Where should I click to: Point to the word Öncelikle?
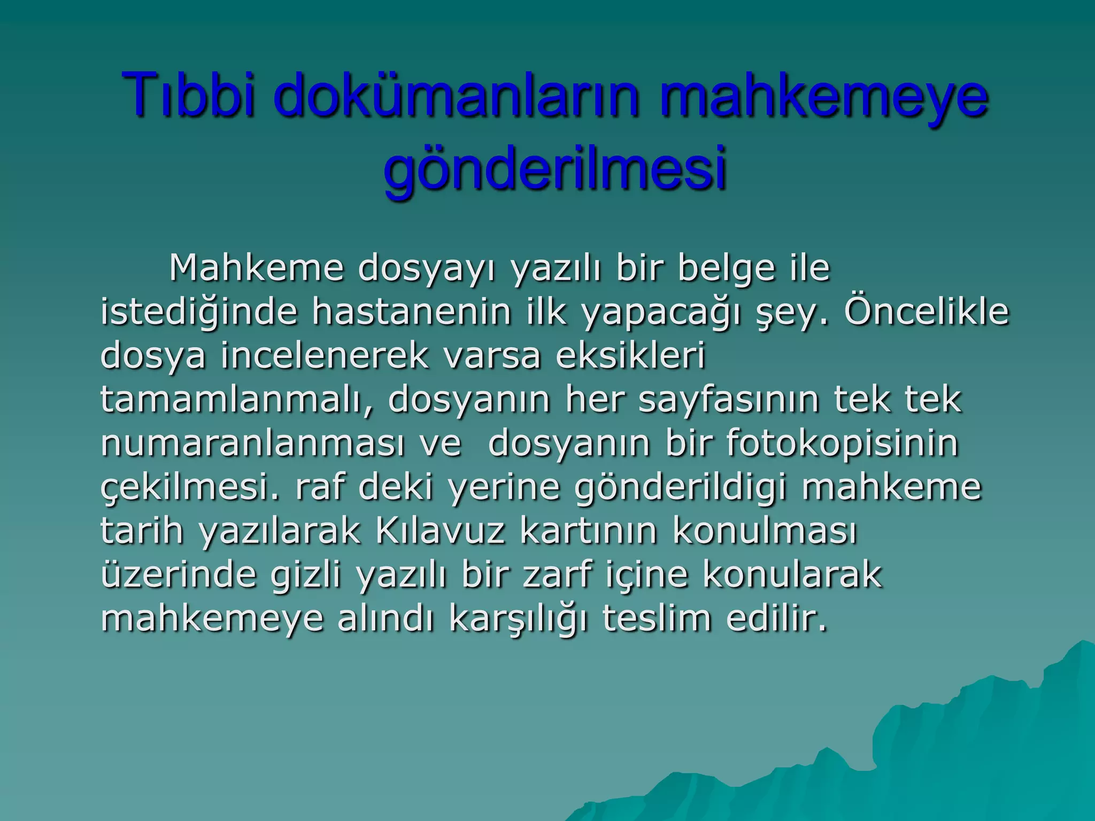926,312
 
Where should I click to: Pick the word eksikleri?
631,355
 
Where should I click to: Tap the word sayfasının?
729,399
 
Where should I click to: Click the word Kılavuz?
440,531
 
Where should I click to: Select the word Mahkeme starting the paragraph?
256,268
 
